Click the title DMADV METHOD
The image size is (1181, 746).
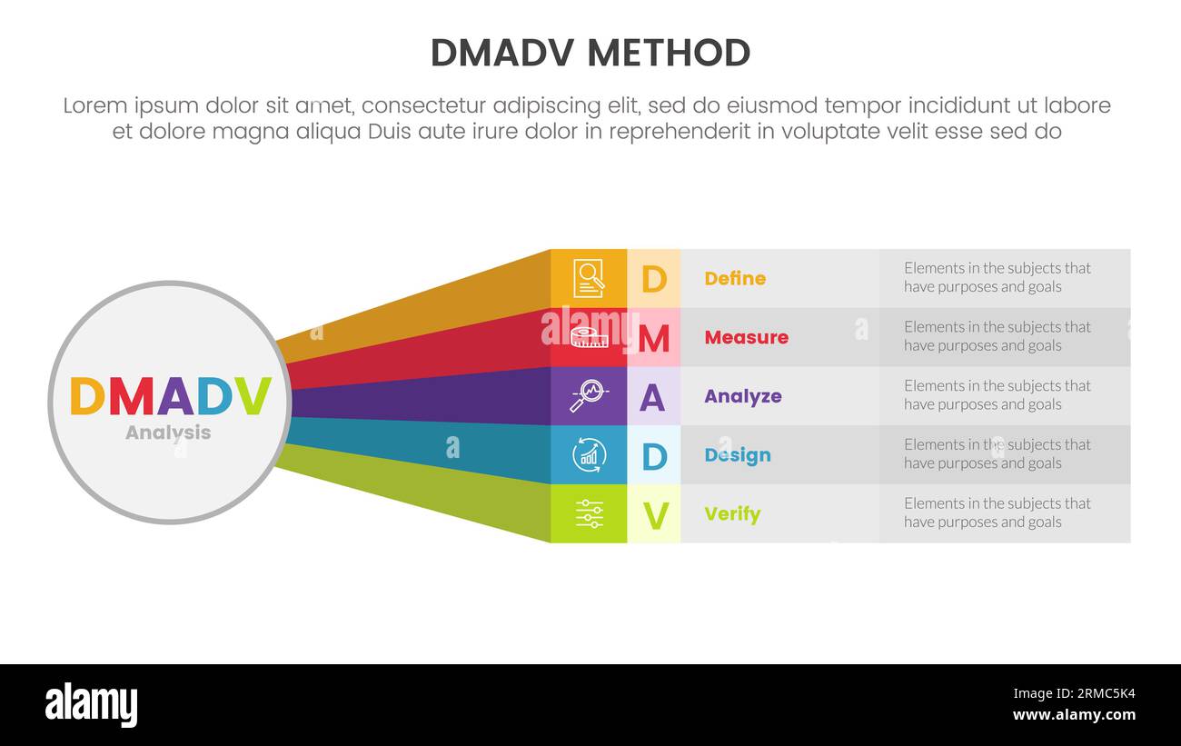[x=590, y=54]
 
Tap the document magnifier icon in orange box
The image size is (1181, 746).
[x=589, y=278]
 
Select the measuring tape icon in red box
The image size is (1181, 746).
[x=589, y=337]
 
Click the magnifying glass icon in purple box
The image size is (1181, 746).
[x=589, y=396]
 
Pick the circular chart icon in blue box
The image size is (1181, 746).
[x=589, y=454]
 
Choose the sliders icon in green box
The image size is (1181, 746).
[x=589, y=513]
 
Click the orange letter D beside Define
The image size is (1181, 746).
[x=653, y=279]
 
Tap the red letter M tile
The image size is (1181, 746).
[x=653, y=338]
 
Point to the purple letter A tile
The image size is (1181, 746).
[x=652, y=397]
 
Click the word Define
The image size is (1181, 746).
[x=735, y=279]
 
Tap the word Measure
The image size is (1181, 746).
[x=746, y=337]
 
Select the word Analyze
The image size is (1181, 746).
[x=742, y=396]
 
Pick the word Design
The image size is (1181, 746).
[x=737, y=455]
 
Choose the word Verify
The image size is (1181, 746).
[x=732, y=514]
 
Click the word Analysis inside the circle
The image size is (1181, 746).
[x=168, y=433]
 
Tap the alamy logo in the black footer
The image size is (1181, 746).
[x=91, y=705]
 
